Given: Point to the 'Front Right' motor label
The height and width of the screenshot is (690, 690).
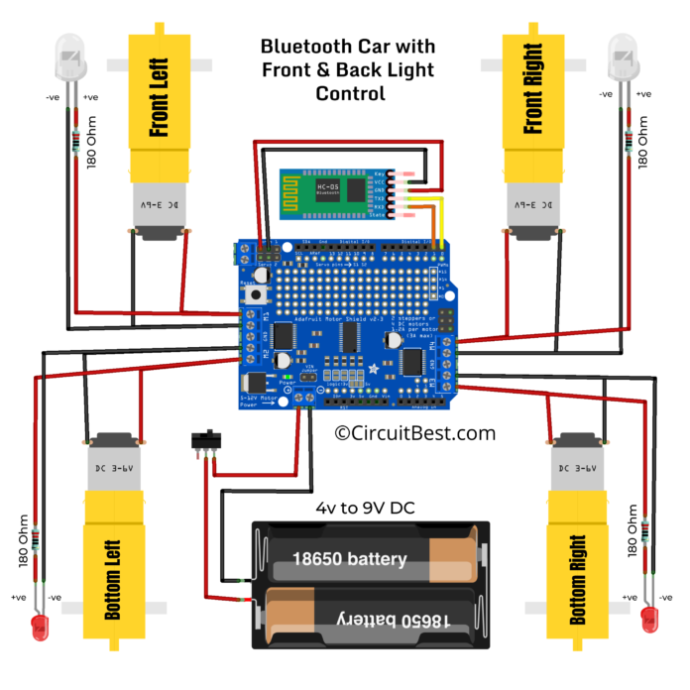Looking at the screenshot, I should coord(533,95).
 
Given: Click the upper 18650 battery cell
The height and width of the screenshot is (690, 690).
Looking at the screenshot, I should coord(372,559).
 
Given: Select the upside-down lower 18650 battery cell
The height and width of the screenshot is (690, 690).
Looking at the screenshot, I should coord(373,619).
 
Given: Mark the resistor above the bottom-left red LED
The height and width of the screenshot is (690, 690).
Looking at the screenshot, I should coord(37,541).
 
